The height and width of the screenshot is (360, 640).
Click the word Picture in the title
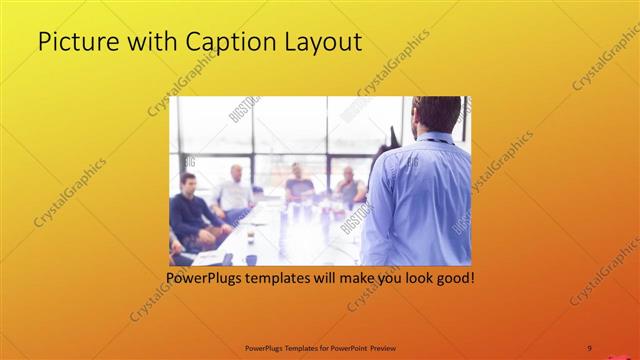(x=74, y=42)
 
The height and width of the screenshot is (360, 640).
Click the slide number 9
(x=589, y=348)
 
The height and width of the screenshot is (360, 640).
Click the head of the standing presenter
(x=437, y=114)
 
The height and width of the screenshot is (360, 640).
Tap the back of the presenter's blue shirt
(x=418, y=200)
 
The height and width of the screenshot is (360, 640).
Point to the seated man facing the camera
(x=298, y=181)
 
